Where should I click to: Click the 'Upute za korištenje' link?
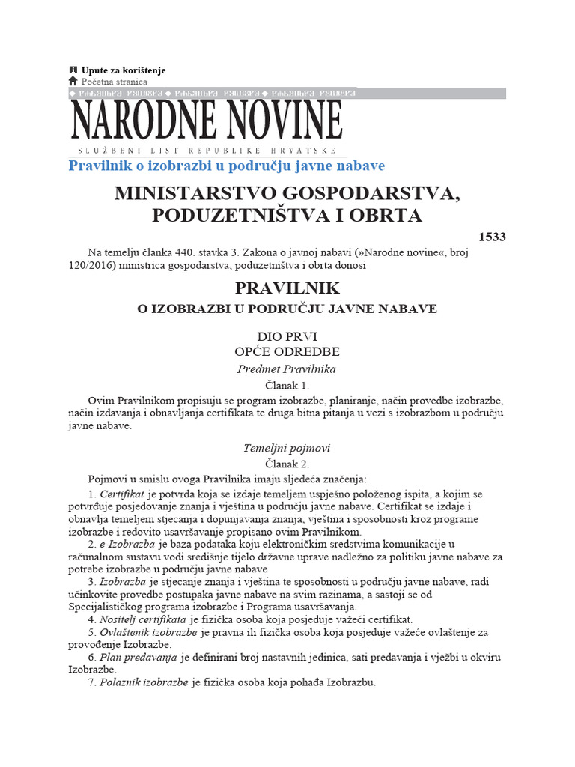click(123, 70)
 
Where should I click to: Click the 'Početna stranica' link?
click(114, 82)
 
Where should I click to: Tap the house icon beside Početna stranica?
click(73, 81)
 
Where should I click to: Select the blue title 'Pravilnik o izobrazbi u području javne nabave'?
click(226, 165)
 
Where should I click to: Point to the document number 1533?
click(490, 237)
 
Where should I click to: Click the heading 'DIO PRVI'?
click(287, 337)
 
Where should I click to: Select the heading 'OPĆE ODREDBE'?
click(287, 351)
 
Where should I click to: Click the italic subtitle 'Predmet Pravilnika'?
click(287, 369)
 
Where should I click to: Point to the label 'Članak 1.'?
click(287, 386)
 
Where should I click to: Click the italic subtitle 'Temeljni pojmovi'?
click(287, 448)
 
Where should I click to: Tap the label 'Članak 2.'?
click(287, 464)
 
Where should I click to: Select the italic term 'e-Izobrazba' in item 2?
click(126, 544)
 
